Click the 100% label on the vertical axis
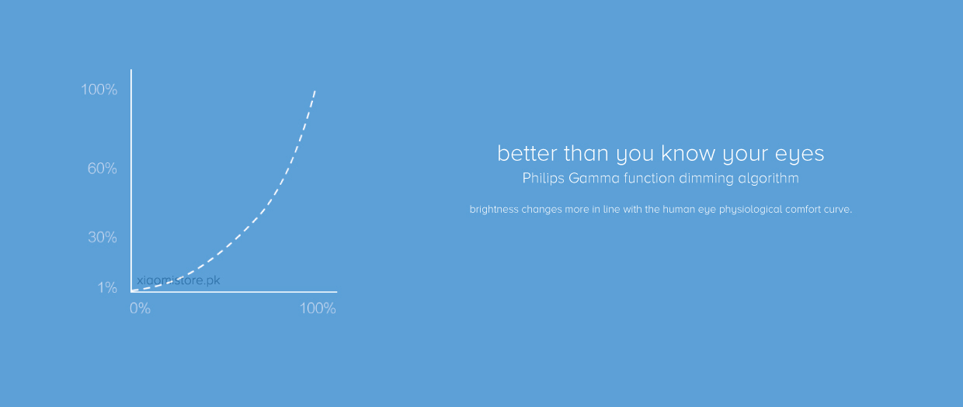pos(99,89)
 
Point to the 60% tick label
pos(102,168)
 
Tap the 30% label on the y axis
pos(103,237)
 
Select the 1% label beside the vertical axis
pos(107,287)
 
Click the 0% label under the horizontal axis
pos(140,308)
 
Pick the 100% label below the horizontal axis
pos(318,308)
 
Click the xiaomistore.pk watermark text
pos(179,280)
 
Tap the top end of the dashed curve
pos(315,91)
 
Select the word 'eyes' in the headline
pos(800,155)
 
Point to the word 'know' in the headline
pos(688,153)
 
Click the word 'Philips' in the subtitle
pos(543,179)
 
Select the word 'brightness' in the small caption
pos(494,209)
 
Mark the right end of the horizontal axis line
pos(337,292)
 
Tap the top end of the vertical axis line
pos(131,69)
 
